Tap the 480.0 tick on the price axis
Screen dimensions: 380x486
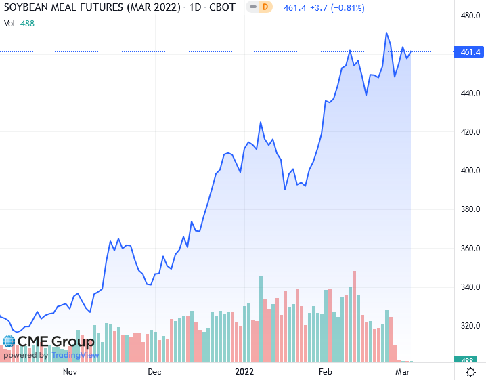pyautogui.click(x=470, y=16)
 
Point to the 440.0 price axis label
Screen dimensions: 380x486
pyautogui.click(x=470, y=93)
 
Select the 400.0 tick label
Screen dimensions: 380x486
pyautogui.click(x=470, y=171)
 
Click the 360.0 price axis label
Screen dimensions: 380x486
pyautogui.click(x=470, y=249)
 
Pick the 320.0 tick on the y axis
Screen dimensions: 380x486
pyautogui.click(x=470, y=326)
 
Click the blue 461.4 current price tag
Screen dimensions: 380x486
pyautogui.click(x=470, y=52)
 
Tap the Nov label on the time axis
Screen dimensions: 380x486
pyautogui.click(x=70, y=372)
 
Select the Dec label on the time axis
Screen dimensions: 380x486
pyautogui.click(x=154, y=372)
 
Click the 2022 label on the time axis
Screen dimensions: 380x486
pyautogui.click(x=244, y=372)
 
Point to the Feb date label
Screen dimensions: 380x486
pyautogui.click(x=326, y=372)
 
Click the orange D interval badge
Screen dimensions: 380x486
pyautogui.click(x=265, y=8)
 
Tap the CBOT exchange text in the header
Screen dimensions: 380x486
pyautogui.click(x=222, y=8)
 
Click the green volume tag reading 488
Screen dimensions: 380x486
pyautogui.click(x=470, y=362)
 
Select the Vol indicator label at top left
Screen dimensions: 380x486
pyautogui.click(x=9, y=23)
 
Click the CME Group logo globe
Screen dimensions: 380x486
pyautogui.click(x=9, y=341)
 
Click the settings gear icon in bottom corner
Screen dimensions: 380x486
pyautogui.click(x=470, y=372)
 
